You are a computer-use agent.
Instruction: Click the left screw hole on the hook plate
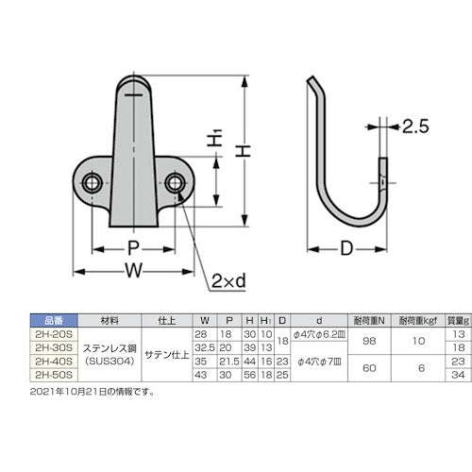coord(93,181)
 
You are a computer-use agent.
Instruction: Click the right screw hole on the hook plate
coord(175,181)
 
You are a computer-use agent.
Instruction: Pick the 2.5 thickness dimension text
coord(418,125)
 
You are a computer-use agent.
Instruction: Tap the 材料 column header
coord(110,320)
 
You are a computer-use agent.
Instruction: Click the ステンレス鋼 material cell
coord(110,346)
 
